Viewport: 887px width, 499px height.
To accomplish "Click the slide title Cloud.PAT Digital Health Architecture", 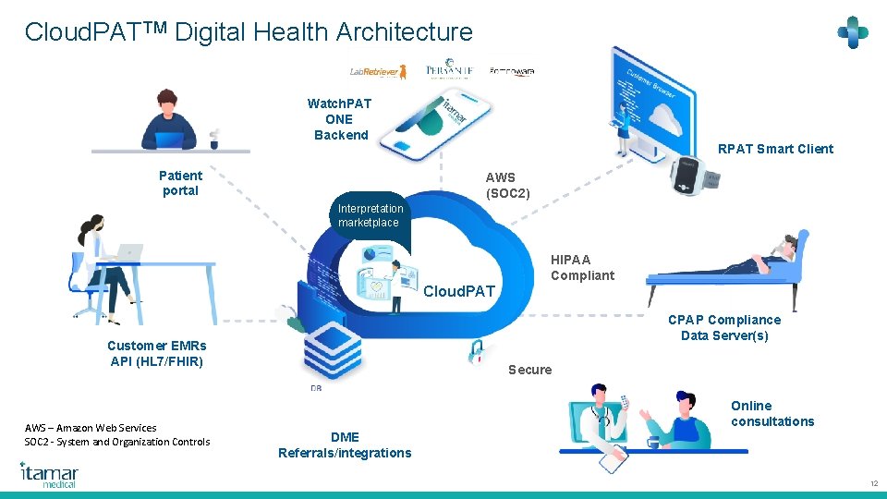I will point(249,32).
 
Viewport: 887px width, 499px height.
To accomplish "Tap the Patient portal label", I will point(180,183).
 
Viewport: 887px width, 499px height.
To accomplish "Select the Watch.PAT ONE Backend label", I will point(340,119).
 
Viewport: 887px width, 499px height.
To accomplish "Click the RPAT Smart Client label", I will point(775,149).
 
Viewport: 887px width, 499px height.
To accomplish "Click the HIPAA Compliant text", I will point(582,267).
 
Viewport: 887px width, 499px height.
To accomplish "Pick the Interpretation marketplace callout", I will point(370,216).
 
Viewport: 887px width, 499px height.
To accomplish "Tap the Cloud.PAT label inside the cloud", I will point(459,292).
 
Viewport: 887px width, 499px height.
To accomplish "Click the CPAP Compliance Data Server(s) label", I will point(723,327).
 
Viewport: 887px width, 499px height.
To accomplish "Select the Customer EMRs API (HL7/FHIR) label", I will point(157,353).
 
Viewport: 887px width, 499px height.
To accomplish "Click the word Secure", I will point(530,370).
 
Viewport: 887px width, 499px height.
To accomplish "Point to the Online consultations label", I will point(772,413).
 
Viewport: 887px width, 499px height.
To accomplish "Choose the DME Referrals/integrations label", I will point(345,444).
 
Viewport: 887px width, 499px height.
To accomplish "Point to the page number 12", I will point(873,484).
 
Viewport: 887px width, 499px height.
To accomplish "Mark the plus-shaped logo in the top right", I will point(852,33).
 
